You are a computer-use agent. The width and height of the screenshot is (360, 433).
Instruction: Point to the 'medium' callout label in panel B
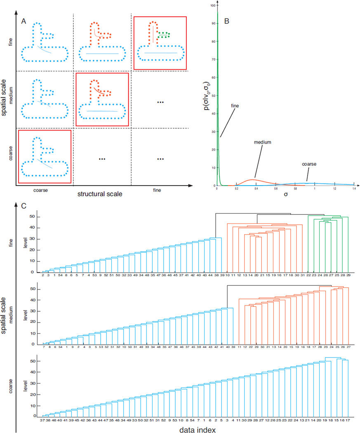tap(265, 141)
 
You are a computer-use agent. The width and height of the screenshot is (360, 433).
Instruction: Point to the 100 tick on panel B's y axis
tap(212, 6)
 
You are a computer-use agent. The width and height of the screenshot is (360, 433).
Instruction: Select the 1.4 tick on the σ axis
tap(354, 188)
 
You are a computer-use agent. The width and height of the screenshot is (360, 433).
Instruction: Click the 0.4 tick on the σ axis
tap(256, 188)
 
